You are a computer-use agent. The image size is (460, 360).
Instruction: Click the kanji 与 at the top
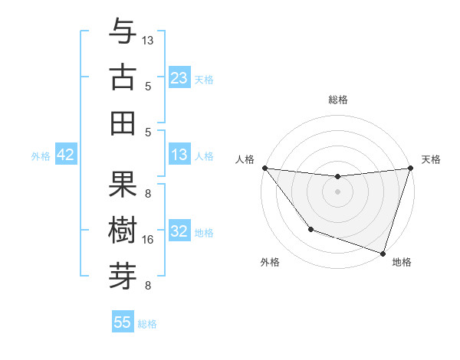tap(123, 32)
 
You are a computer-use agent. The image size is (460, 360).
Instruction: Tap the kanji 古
tap(123, 77)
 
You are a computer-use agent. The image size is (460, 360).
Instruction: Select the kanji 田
tap(123, 123)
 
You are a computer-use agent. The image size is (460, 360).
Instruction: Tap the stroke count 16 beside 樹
tap(148, 240)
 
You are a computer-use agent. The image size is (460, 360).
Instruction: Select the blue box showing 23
tap(179, 77)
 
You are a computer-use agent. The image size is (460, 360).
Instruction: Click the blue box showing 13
tap(179, 155)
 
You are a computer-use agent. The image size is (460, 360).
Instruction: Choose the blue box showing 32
tap(179, 231)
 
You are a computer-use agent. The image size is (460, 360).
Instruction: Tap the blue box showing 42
tap(66, 155)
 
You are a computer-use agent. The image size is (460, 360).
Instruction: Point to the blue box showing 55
tap(123, 322)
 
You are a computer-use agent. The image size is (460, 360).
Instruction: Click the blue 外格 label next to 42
tap(41, 155)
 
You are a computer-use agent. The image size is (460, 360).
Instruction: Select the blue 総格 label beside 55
tap(147, 323)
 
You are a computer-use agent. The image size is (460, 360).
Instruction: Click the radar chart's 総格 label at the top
tap(337, 100)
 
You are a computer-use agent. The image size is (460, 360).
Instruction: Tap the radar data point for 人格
tap(264, 168)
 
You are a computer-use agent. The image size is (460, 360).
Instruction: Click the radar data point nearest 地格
tap(383, 253)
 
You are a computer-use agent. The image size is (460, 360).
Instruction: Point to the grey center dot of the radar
tap(337, 191)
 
